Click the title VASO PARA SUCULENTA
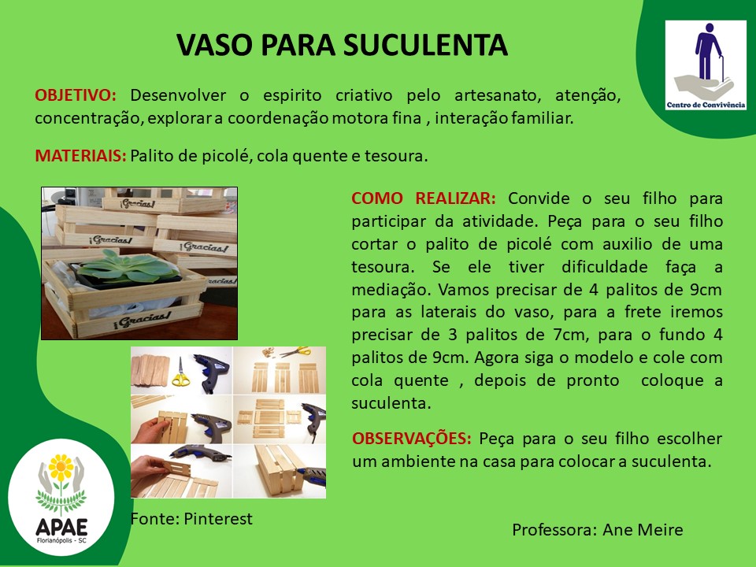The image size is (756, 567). click(342, 46)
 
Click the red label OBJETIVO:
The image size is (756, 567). click(76, 95)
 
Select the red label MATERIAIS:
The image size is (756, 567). click(80, 156)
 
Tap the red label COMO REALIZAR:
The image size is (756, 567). click(424, 198)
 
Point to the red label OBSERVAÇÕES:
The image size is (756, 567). click(412, 439)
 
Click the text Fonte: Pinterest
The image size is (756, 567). click(191, 519)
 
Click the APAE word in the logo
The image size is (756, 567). click(61, 527)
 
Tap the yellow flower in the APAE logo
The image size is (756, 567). click(61, 468)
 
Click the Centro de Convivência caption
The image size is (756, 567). click(706, 105)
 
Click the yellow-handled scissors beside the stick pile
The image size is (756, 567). click(180, 372)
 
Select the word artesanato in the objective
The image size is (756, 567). click(498, 95)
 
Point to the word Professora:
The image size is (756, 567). click(554, 530)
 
